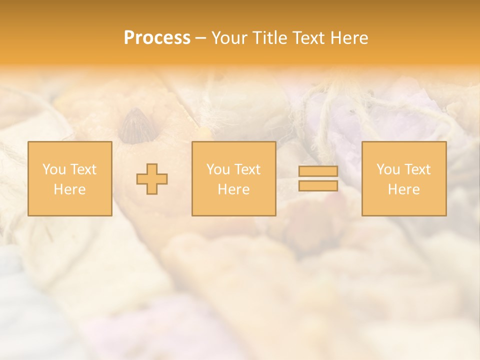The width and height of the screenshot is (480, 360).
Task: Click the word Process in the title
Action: [157, 38]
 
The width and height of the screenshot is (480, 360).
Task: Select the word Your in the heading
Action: [229, 38]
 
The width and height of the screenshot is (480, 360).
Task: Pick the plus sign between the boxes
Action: [152, 179]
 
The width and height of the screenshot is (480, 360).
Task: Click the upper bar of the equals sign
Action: [318, 171]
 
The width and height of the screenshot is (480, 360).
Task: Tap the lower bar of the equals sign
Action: [318, 185]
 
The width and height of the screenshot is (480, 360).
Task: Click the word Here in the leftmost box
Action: [69, 189]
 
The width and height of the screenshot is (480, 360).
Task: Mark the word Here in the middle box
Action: [233, 189]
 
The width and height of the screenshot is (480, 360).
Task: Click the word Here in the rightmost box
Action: [403, 189]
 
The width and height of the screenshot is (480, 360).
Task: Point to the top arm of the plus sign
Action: [152, 169]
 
